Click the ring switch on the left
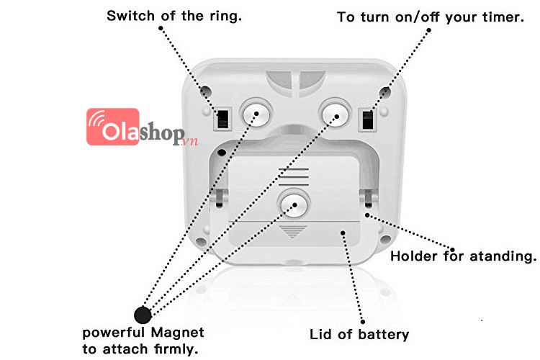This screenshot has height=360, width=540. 222,120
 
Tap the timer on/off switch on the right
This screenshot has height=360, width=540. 368,120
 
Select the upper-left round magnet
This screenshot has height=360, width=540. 256,112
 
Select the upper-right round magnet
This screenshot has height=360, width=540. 334,112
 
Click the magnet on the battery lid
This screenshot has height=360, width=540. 294,204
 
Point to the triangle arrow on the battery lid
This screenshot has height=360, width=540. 292,232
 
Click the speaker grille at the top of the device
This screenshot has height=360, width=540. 295,84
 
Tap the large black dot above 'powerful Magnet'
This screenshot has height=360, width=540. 143,315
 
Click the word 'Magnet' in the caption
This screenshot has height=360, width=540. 177,333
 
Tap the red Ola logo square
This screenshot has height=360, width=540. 112,127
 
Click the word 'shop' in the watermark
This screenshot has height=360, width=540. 161,132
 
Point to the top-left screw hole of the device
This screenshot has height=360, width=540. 206,91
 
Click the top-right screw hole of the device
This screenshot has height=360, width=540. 385,92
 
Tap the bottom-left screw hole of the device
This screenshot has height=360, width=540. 201,241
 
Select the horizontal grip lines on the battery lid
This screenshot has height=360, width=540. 294,176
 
